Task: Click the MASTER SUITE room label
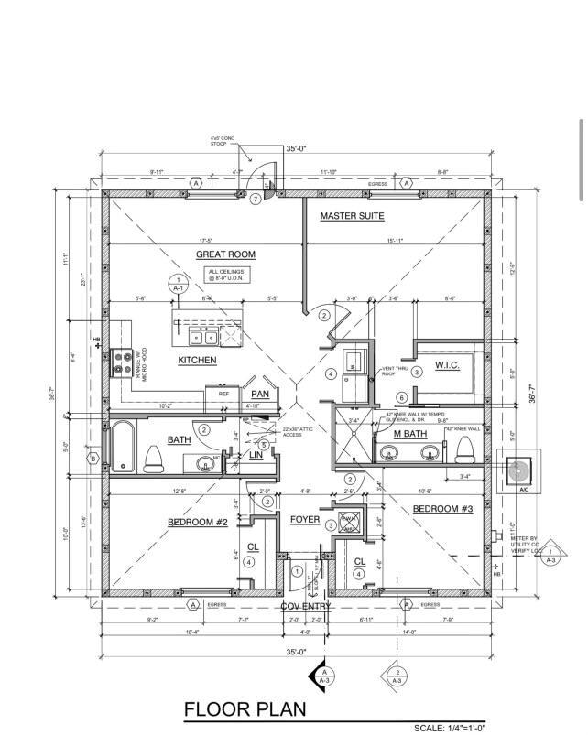pyautogui.click(x=352, y=216)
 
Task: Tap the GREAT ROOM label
pyautogui.click(x=225, y=254)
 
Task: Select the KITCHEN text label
pyautogui.click(x=197, y=360)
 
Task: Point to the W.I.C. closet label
pyautogui.click(x=447, y=367)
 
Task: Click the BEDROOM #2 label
pyautogui.click(x=197, y=522)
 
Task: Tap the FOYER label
pyautogui.click(x=304, y=519)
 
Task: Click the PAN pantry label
pyautogui.click(x=260, y=394)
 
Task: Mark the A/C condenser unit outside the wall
pyautogui.click(x=518, y=470)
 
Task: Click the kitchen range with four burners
pyautogui.click(x=122, y=365)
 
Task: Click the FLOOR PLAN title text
pyautogui.click(x=245, y=709)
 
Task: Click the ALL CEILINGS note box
pyautogui.click(x=227, y=275)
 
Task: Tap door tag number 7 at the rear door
pyautogui.click(x=255, y=199)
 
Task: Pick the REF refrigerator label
pyautogui.click(x=223, y=394)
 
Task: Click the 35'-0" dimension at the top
pyautogui.click(x=296, y=148)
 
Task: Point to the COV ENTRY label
pyautogui.click(x=306, y=606)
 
